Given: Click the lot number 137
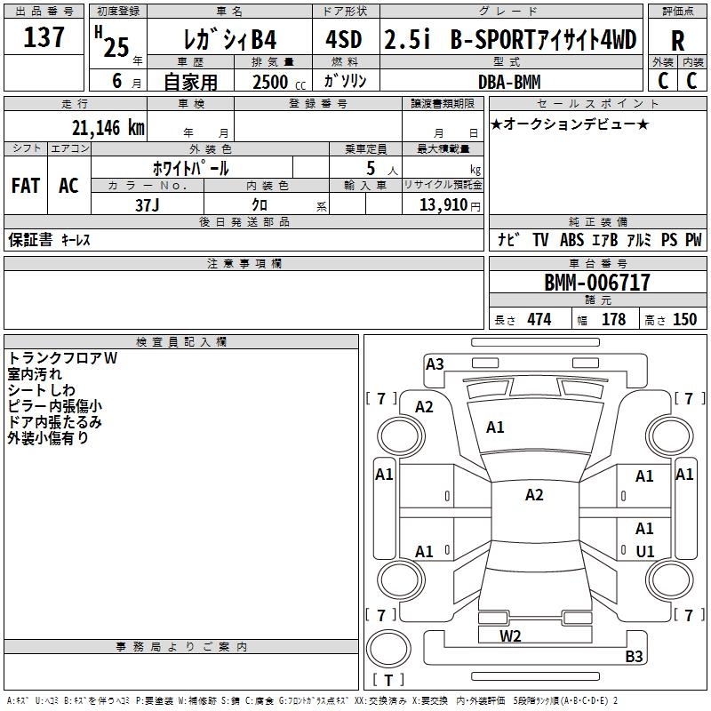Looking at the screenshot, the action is [44, 37].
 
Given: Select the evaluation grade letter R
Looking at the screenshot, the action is [677, 41].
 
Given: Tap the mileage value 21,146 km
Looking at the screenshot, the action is [108, 128].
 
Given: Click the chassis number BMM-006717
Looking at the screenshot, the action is [597, 283].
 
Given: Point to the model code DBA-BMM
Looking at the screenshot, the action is [509, 82].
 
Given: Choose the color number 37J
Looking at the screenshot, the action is [147, 205].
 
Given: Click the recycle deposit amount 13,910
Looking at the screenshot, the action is [443, 205].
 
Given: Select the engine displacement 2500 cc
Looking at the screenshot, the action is [279, 82].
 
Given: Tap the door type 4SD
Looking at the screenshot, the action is [344, 39].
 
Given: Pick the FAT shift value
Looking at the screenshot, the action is [26, 186].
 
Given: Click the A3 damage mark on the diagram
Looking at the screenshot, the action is [435, 364].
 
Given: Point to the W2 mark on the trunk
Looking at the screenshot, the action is [510, 636].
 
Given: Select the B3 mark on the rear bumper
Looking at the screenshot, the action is [634, 656].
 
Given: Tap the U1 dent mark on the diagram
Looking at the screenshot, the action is [645, 551].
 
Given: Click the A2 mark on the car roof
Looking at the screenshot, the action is [534, 495].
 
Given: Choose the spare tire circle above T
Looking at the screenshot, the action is [388, 649].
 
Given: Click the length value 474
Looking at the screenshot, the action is [539, 320].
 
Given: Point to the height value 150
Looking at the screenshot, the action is [684, 320].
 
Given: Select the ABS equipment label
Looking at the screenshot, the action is [571, 240].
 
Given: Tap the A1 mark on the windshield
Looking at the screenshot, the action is [495, 427].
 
